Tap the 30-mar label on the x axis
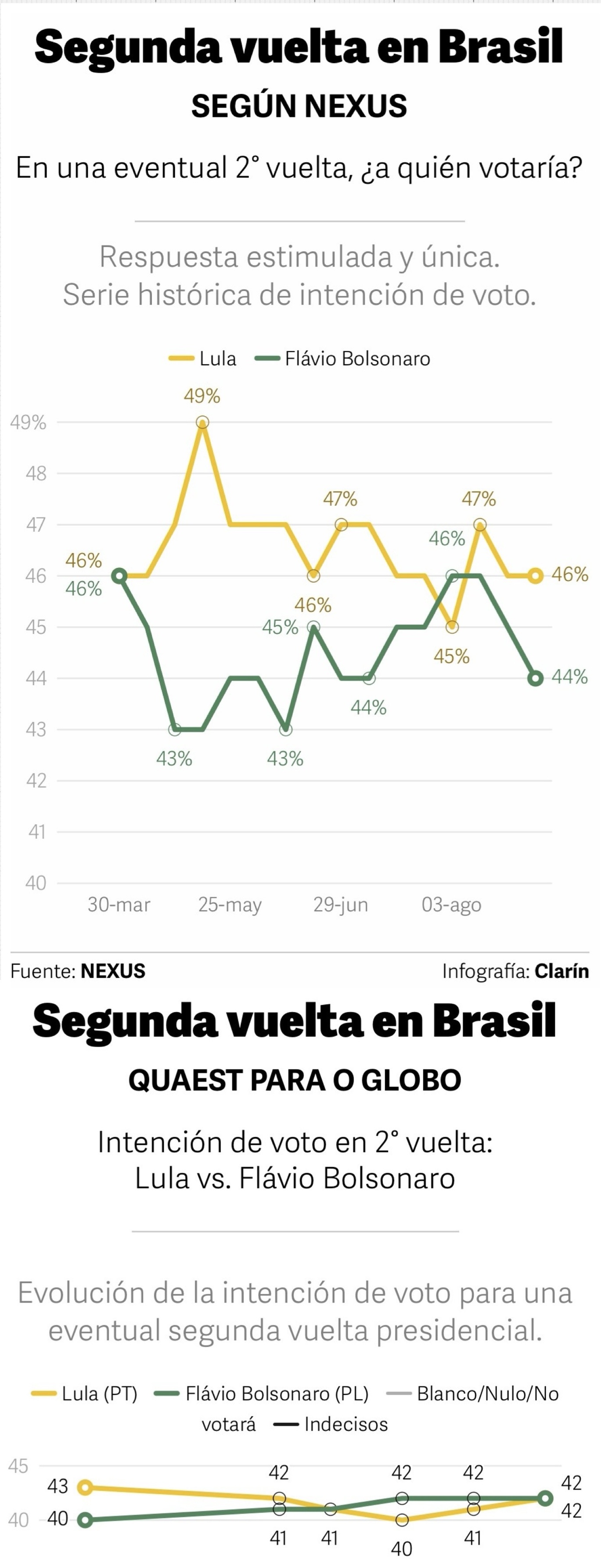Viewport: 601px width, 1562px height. [x=119, y=904]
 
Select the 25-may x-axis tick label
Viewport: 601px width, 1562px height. [x=230, y=905]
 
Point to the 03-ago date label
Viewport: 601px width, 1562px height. [x=451, y=905]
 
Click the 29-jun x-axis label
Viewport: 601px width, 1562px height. [x=340, y=905]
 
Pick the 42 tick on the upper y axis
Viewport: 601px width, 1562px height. [x=36, y=780]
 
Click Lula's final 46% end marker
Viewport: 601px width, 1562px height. [x=535, y=575]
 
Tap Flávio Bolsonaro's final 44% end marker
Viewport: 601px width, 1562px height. [x=535, y=678]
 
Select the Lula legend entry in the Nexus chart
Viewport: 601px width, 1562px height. [x=202, y=359]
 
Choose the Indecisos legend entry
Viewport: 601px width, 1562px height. [x=331, y=1424]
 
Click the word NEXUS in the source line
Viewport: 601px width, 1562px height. [x=113, y=971]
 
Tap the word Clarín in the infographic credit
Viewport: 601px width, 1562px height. [x=561, y=971]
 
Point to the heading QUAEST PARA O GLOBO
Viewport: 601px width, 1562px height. [x=295, y=1080]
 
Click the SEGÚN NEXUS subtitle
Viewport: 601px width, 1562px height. [x=299, y=106]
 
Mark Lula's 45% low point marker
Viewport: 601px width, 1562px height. [x=452, y=627]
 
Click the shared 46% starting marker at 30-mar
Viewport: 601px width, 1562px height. [x=119, y=575]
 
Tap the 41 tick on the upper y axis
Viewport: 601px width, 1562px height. [x=37, y=831]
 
